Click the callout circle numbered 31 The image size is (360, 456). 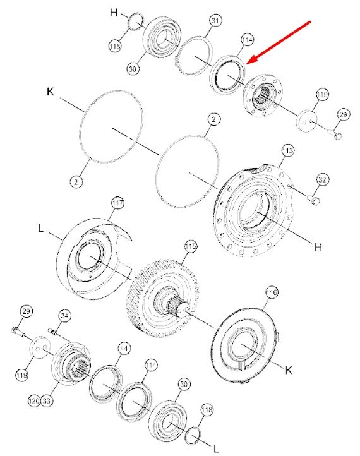tap(215, 21)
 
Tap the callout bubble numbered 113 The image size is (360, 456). tap(287, 151)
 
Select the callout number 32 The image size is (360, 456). tap(322, 179)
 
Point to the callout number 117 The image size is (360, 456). tap(117, 203)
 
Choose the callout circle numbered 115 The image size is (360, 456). tap(191, 247)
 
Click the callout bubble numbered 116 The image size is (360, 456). tap(272, 292)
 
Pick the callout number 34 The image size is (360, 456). tap(65, 316)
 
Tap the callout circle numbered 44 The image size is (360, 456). tap(124, 348)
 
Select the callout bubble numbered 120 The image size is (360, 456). tap(34, 401)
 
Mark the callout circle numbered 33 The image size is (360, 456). tap(47, 401)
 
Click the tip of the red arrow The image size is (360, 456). tap(246, 63)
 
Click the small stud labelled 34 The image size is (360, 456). tap(52, 331)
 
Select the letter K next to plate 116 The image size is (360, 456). tap(289, 370)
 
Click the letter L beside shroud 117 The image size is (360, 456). tap(40, 228)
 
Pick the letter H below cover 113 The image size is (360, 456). tap(318, 247)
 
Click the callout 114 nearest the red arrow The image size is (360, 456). tap(247, 40)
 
